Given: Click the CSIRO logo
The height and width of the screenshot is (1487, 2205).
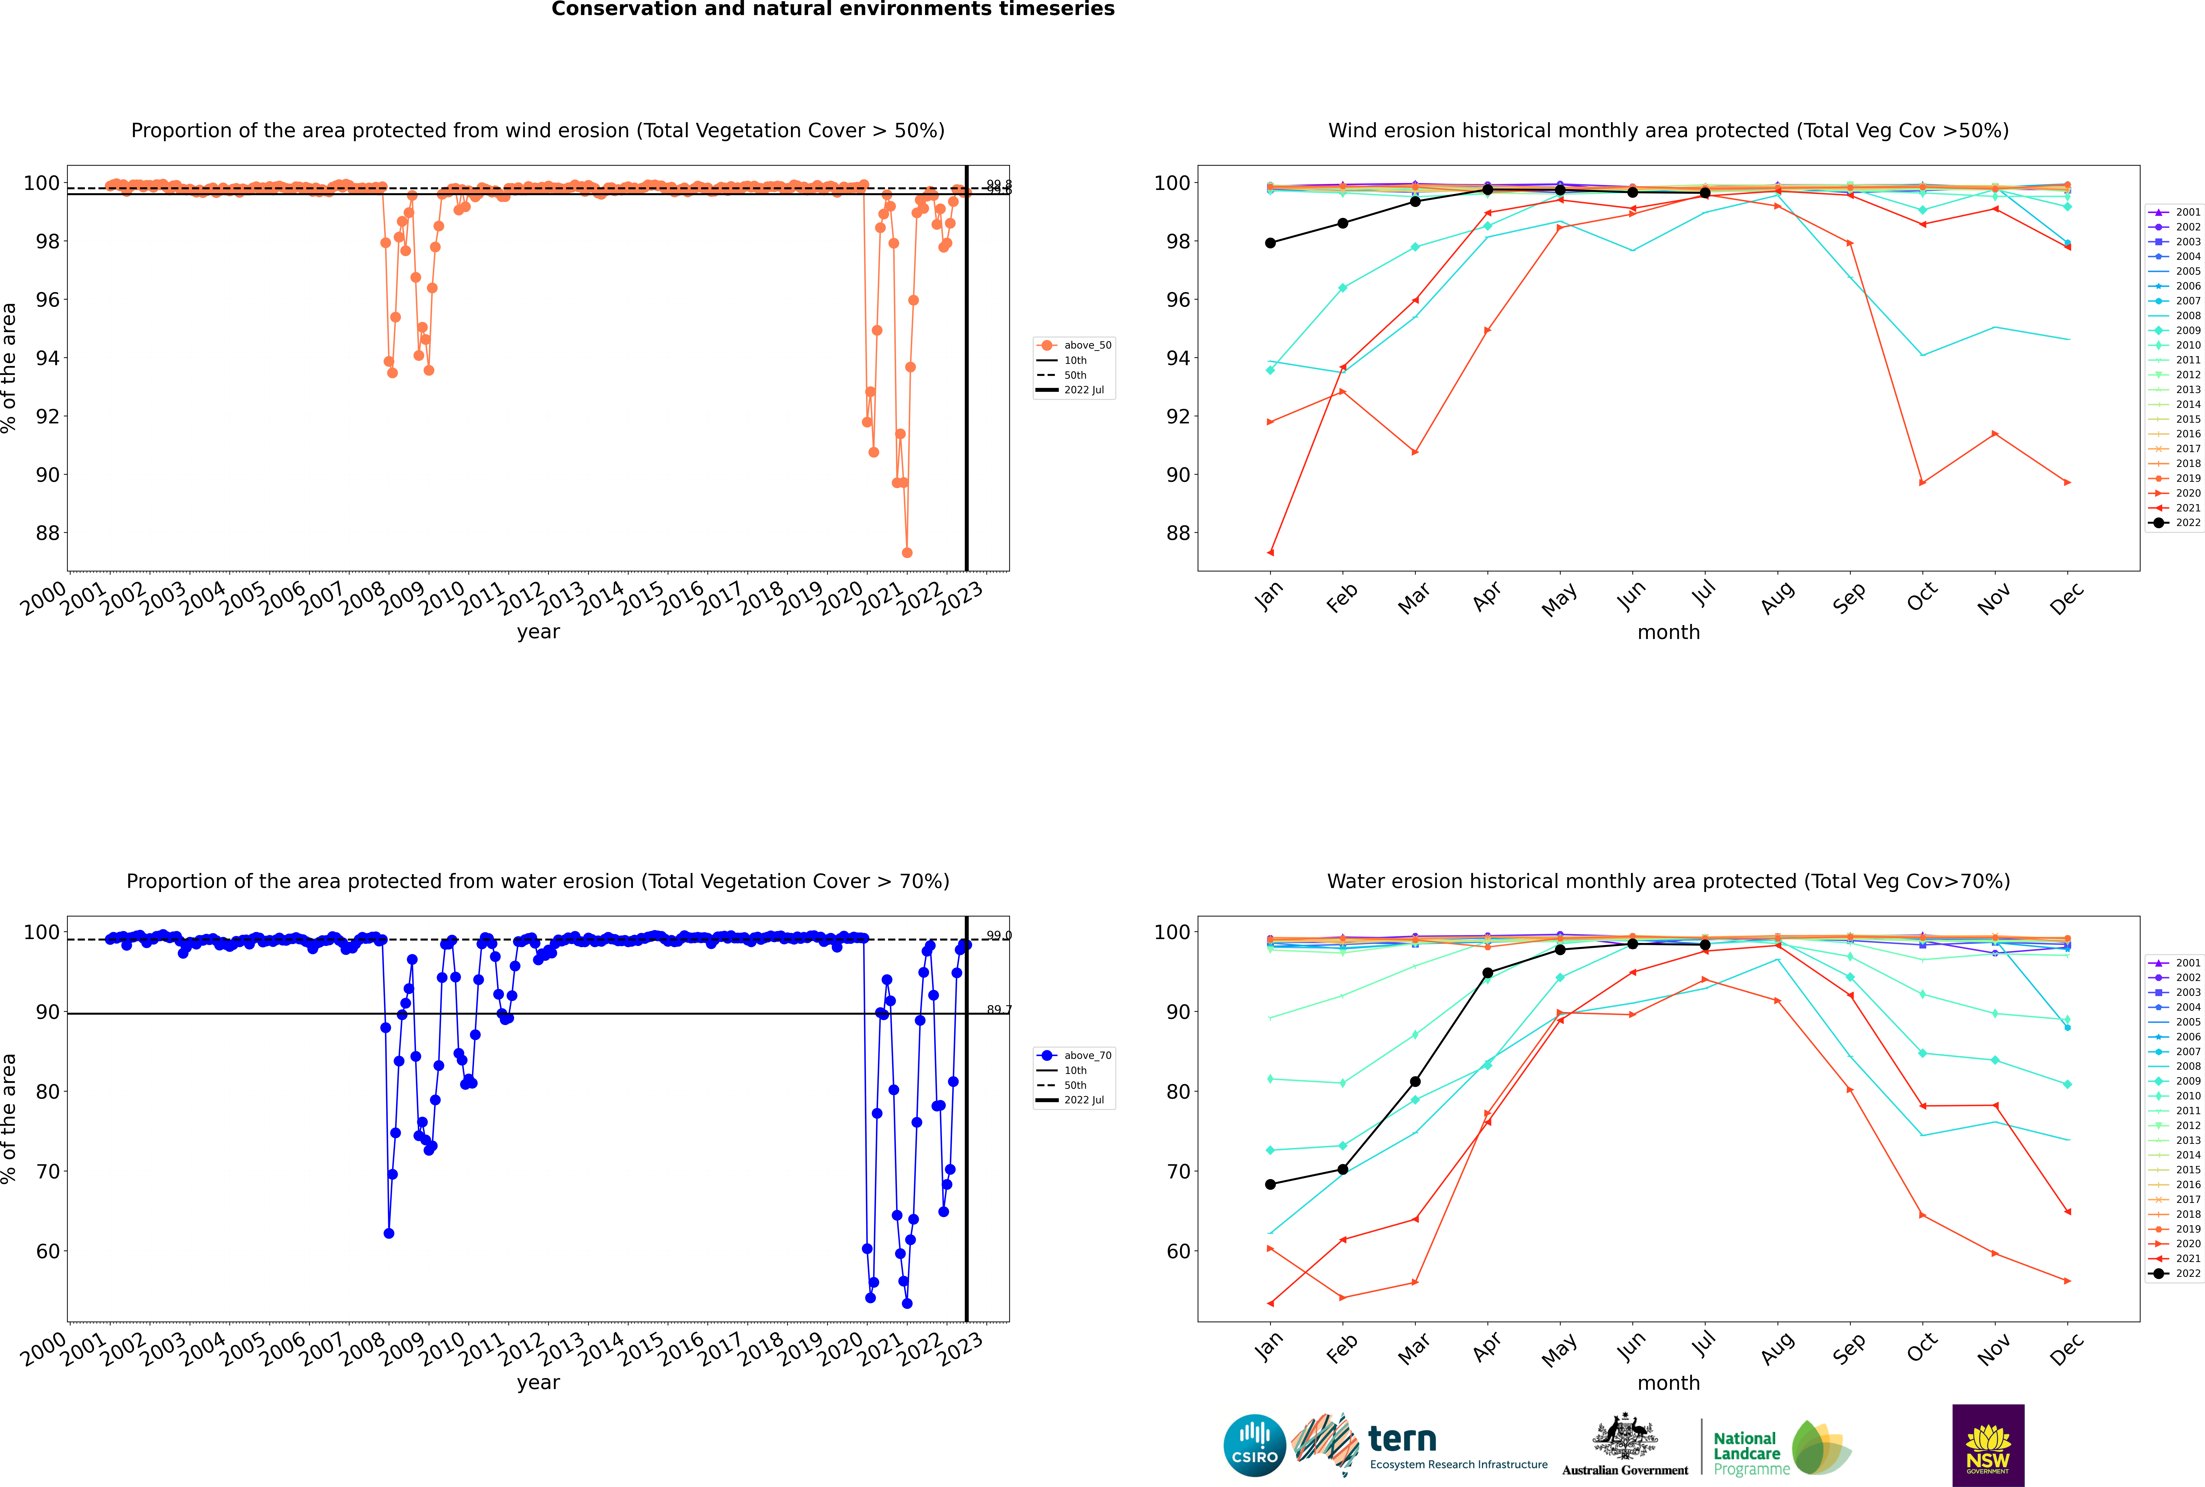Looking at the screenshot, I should tap(1254, 1445).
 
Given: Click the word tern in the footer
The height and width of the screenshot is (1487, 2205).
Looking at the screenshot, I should tap(1402, 1440).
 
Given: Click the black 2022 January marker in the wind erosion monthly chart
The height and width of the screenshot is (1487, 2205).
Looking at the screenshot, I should tap(1270, 243).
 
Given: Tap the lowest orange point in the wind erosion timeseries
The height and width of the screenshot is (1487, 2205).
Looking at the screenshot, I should tap(907, 553).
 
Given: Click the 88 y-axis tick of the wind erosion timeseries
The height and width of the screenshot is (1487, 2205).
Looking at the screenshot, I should tap(47, 533).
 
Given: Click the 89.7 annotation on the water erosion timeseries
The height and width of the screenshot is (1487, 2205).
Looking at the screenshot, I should tap(998, 1010).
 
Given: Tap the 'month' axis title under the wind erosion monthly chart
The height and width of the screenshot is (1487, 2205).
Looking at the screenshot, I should tap(1668, 633).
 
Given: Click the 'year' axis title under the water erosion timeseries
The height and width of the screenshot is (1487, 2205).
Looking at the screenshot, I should tap(538, 1383).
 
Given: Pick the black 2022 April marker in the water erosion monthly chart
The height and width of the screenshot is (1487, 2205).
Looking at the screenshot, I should tap(1487, 973).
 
